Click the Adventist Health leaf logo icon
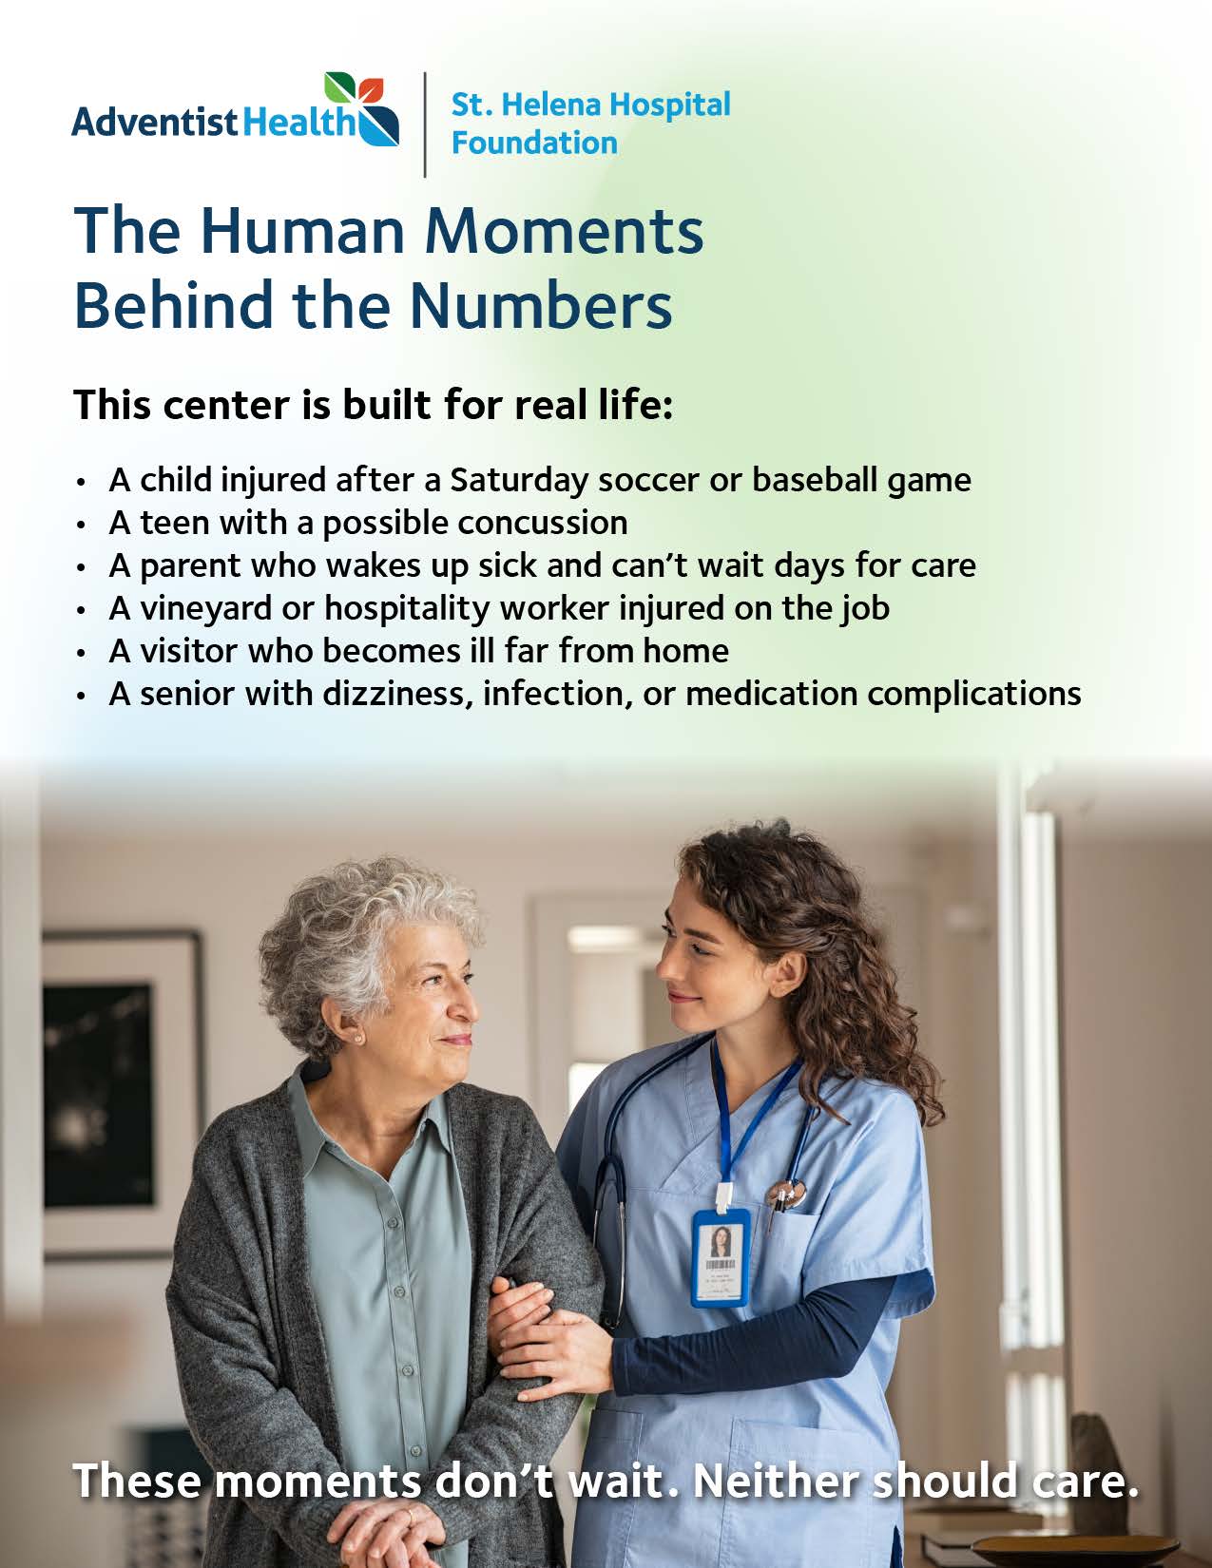tap(362, 108)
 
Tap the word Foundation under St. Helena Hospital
tap(534, 143)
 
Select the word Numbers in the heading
tap(542, 305)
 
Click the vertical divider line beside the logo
tap(425, 124)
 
